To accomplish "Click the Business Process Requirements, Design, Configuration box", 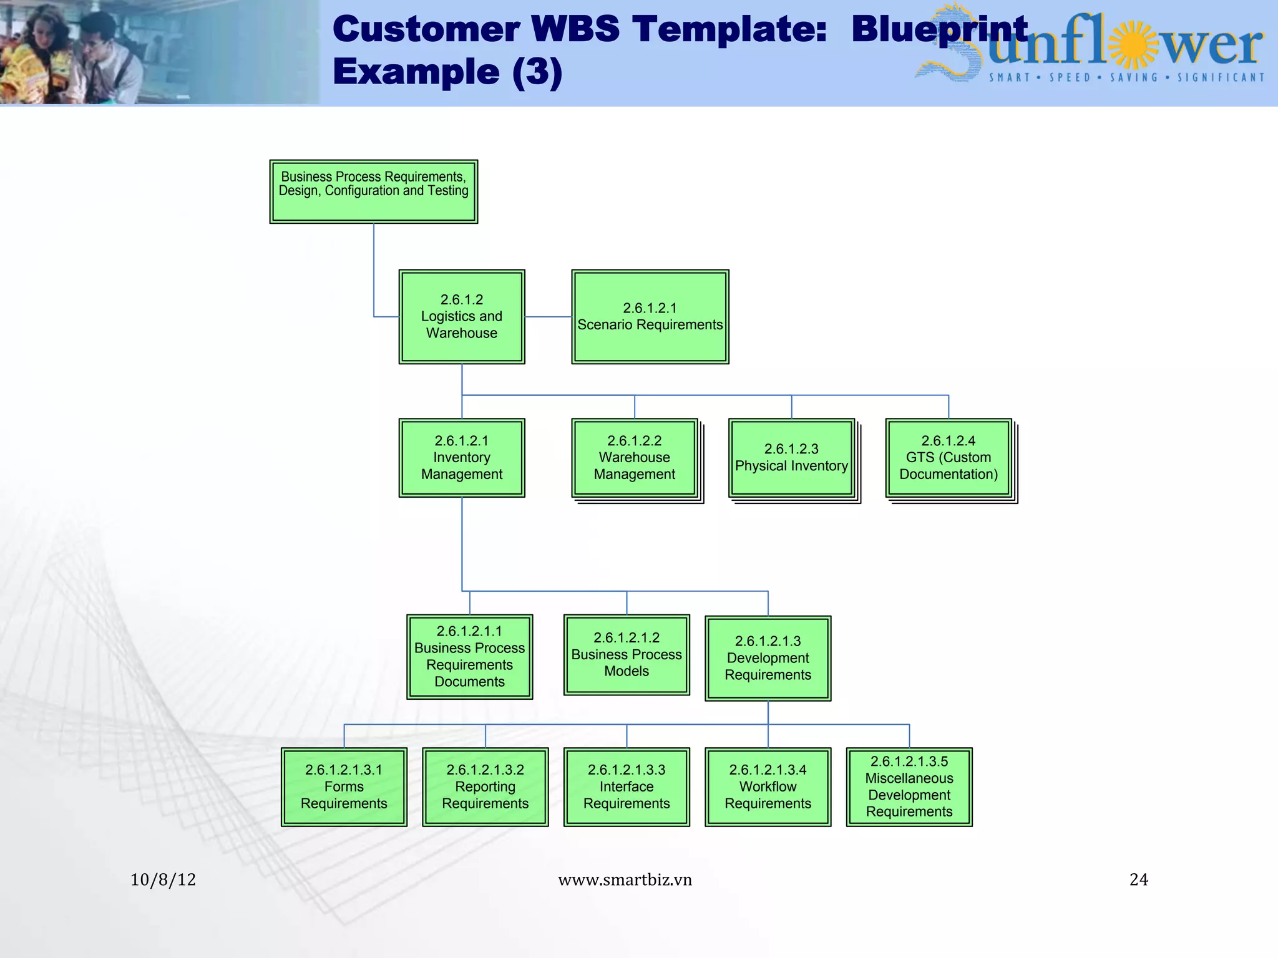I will (373, 191).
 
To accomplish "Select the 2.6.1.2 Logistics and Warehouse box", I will (462, 317).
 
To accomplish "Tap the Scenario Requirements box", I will (650, 317).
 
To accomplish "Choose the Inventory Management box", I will (462, 458).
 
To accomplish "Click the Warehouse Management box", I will (635, 458).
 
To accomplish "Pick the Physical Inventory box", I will (791, 458).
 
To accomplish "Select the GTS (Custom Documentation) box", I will (949, 458).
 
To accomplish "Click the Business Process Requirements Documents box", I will (469, 656).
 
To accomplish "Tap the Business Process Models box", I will (627, 654).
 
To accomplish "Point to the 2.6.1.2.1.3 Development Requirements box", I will (768, 658).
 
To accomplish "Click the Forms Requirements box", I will (344, 786).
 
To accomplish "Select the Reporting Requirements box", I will (485, 786).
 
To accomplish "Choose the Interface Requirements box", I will (627, 786).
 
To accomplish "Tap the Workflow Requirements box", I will (768, 786).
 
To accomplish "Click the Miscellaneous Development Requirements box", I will (909, 786).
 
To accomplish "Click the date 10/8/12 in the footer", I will (163, 879).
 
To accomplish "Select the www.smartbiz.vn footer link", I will (625, 879).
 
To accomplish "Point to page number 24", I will (1138, 879).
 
